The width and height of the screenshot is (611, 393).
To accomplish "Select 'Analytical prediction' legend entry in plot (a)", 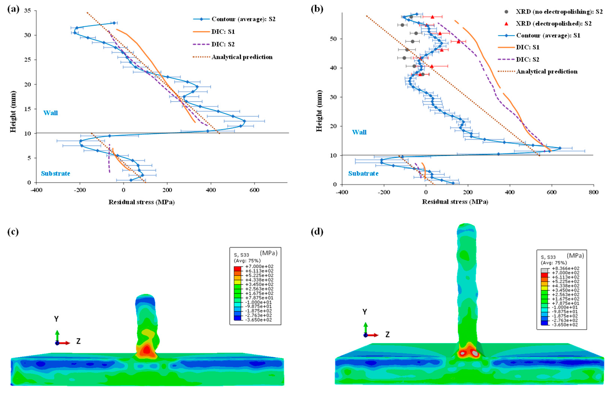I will [x=242, y=57].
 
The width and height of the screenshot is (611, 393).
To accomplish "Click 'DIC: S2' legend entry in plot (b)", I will [x=527, y=59].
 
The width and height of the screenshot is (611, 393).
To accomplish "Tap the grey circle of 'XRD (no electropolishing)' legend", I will [x=506, y=12].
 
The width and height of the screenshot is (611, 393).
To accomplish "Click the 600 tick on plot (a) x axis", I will [x=254, y=190].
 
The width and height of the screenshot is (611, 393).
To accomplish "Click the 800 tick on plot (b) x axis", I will [x=593, y=192].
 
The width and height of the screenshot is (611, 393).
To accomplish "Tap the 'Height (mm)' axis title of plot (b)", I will [x=319, y=111].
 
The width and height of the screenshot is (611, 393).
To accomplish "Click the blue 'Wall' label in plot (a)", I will [x=51, y=113].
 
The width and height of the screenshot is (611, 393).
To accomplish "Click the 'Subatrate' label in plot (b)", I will [x=363, y=174].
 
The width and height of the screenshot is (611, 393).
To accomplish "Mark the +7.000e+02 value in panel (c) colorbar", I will [x=259, y=266].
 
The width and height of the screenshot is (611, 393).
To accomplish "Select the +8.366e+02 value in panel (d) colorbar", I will [x=565, y=268].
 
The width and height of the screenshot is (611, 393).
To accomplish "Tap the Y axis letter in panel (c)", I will [x=56, y=319].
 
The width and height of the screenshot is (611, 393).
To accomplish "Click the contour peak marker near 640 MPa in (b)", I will [x=560, y=148].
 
